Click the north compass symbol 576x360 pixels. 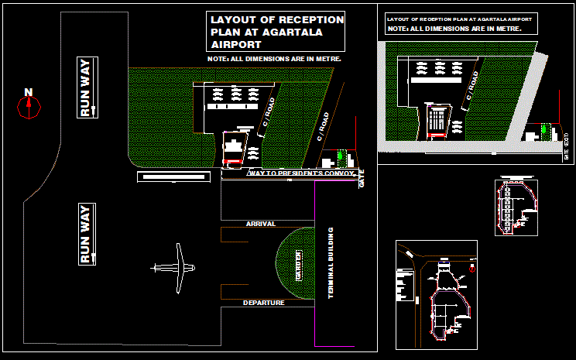click(x=29, y=105)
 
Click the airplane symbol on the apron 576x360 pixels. click(x=177, y=269)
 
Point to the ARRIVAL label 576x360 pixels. click(x=260, y=224)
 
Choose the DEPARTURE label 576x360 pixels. click(x=263, y=303)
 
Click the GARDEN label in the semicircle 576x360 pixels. click(x=298, y=265)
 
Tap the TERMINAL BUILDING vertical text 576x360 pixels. click(x=331, y=263)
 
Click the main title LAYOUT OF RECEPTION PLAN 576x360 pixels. click(x=276, y=33)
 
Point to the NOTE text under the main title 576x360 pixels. click(x=275, y=59)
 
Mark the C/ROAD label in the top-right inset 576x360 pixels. click(x=471, y=91)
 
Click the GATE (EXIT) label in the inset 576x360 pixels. click(x=567, y=146)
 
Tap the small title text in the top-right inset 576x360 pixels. click(x=459, y=18)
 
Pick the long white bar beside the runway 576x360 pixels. click(x=173, y=177)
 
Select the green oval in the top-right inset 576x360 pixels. click(x=544, y=129)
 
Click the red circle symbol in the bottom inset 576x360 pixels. click(x=472, y=270)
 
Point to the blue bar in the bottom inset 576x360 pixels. click(x=444, y=263)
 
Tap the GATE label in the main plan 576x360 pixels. click(x=361, y=180)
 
